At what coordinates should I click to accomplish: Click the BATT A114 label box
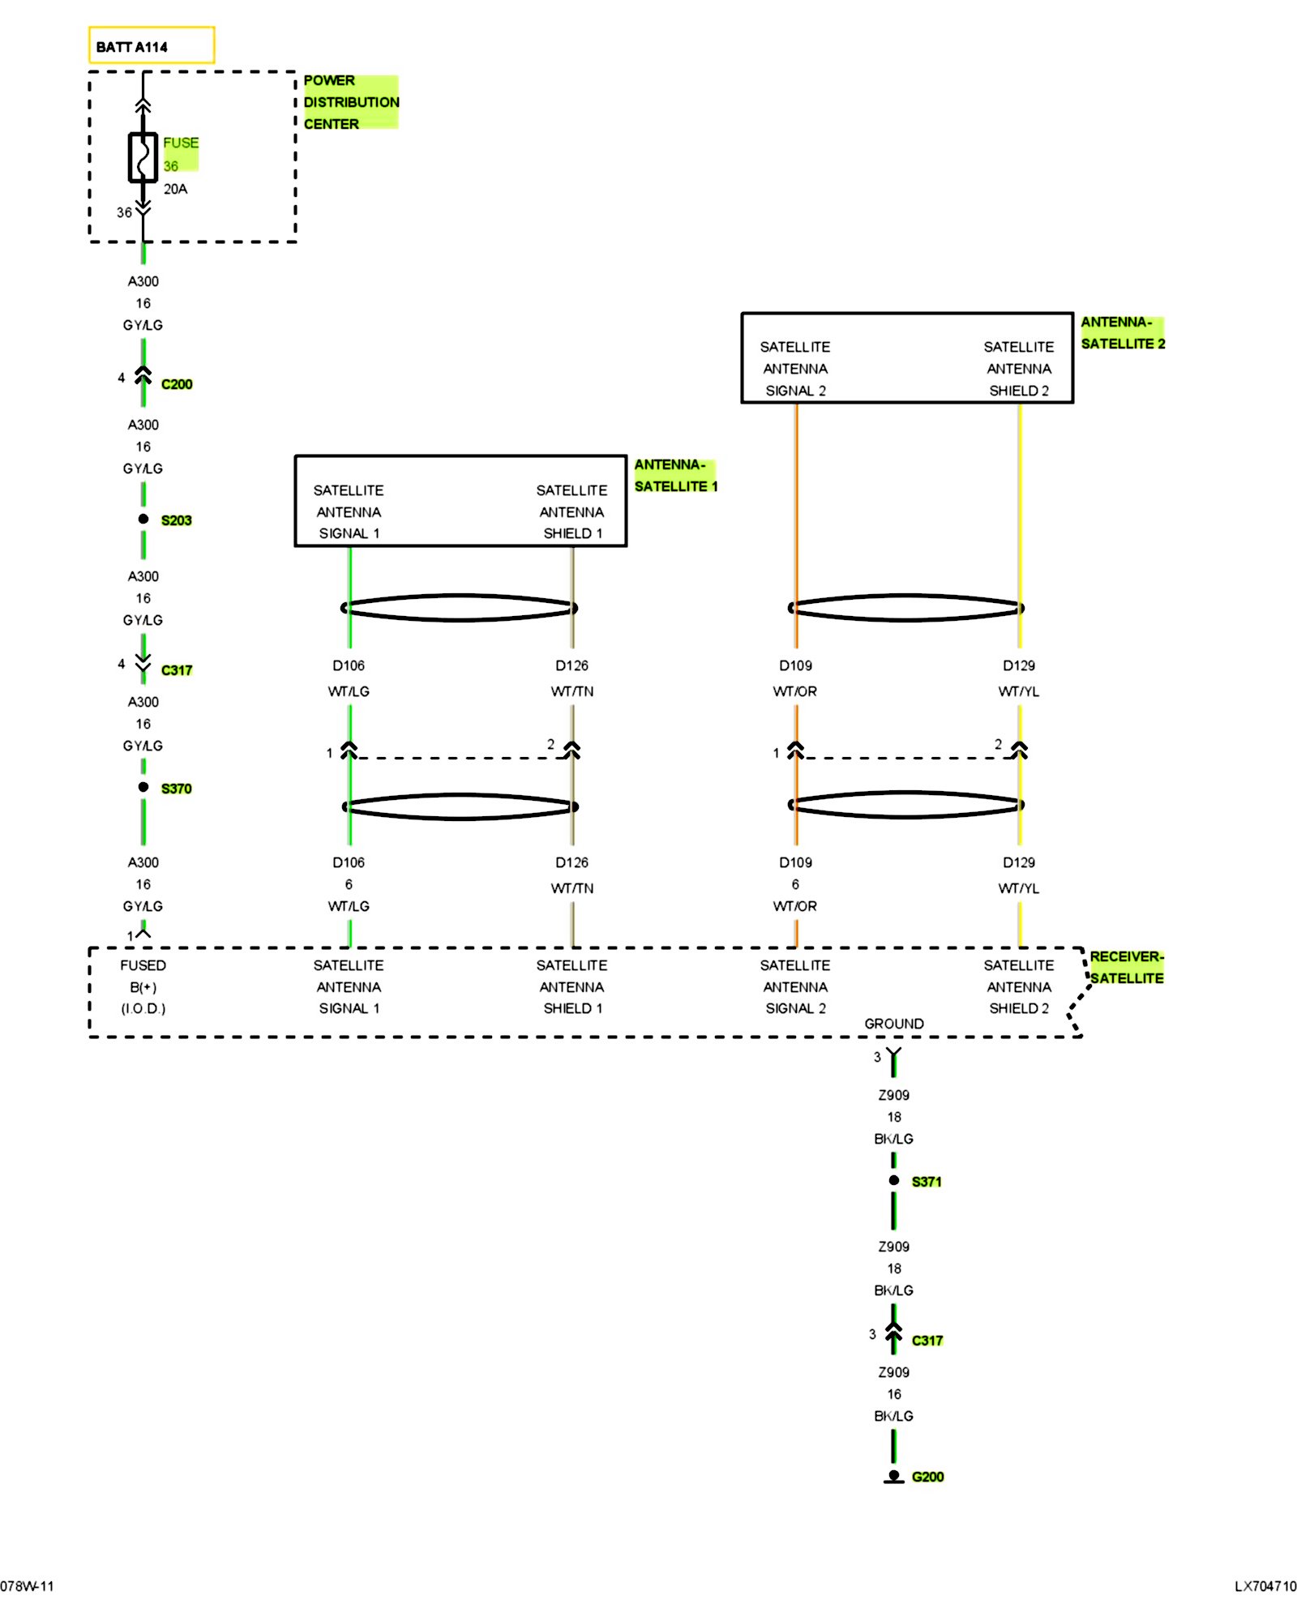[x=152, y=45]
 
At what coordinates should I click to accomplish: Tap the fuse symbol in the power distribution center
[x=143, y=157]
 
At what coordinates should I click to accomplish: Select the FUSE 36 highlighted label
[x=180, y=154]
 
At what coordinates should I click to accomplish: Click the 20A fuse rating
[x=175, y=189]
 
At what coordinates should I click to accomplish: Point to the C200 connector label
[x=177, y=384]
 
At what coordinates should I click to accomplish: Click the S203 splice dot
[x=143, y=519]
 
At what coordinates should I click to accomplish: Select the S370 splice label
[x=176, y=789]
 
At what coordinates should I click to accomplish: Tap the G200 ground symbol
[x=893, y=1477]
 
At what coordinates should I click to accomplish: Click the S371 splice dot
[x=894, y=1180]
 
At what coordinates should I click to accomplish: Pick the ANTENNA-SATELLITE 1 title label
[x=675, y=475]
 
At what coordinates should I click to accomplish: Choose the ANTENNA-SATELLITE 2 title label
[x=1123, y=332]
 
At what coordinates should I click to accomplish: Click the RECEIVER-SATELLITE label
[x=1127, y=967]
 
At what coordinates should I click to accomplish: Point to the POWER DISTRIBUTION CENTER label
[x=351, y=102]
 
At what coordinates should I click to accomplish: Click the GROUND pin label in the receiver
[x=894, y=1024]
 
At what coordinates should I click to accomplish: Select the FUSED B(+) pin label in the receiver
[x=143, y=986]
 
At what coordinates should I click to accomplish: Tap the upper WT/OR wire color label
[x=795, y=691]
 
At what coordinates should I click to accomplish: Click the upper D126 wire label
[x=572, y=665]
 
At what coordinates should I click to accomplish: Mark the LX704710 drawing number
[x=1265, y=1586]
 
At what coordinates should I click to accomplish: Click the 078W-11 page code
[x=27, y=1586]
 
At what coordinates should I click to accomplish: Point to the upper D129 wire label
[x=1019, y=665]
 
